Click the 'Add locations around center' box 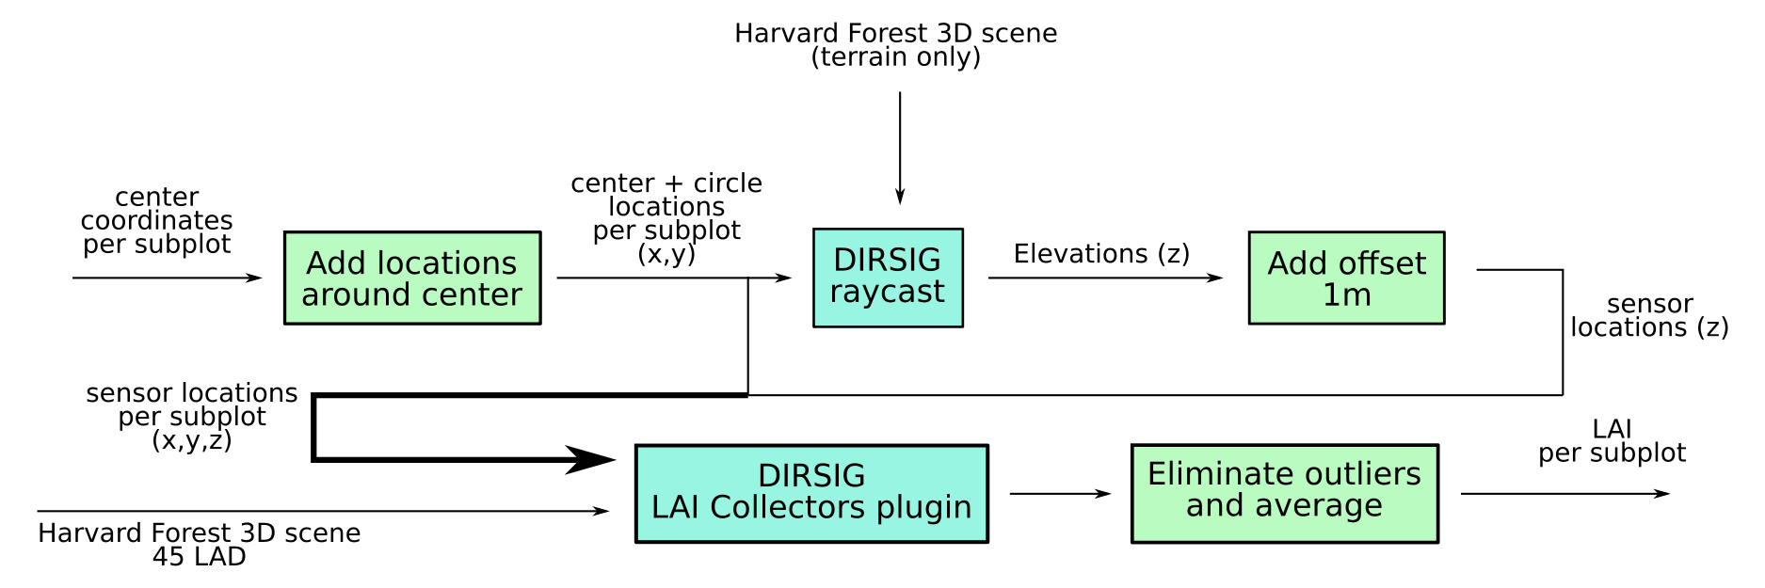coord(412,278)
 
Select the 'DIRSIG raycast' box coord(888,278)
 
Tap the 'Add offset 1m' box coord(1346,278)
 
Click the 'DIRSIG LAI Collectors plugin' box coord(811,494)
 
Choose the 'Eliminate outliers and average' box coord(1284,493)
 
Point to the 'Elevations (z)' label coord(1101,254)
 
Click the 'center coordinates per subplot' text coord(156,221)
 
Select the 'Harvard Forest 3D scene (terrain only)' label coord(895,45)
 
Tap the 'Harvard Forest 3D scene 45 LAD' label coord(199,545)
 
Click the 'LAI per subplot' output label coord(1612,441)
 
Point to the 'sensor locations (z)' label coord(1649,316)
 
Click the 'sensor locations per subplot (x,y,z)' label coord(192,417)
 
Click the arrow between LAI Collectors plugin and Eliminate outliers coord(1060,493)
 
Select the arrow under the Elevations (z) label coord(1105,278)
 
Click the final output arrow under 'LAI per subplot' coord(1564,493)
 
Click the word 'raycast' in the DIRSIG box coord(887,293)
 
